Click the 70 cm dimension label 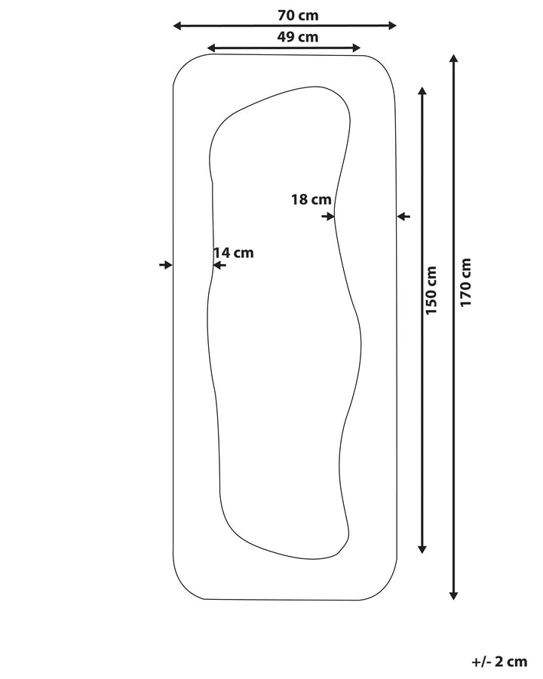pos(298,15)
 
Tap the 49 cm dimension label pos(298,37)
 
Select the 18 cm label pos(311,200)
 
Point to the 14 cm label pos(234,253)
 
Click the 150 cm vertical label pos(431,290)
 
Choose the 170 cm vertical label pos(465,283)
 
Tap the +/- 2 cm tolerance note pos(499,662)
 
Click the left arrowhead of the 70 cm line pos(177,26)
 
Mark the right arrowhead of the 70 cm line pos(392,26)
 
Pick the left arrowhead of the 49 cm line pos(211,48)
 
